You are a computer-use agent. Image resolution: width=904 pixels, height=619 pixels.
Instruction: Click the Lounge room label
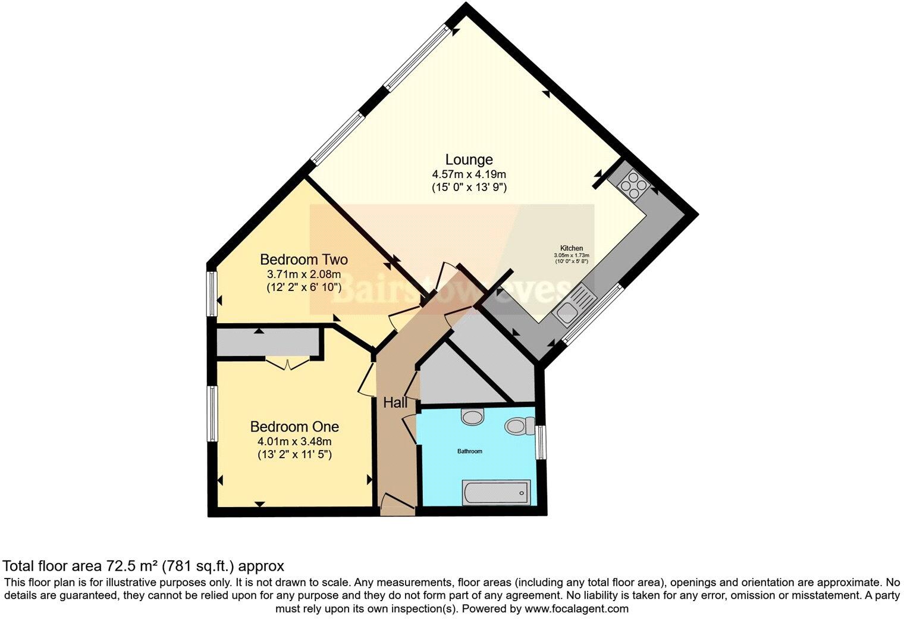pos(469,160)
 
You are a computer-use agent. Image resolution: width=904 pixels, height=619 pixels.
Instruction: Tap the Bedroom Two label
pos(303,260)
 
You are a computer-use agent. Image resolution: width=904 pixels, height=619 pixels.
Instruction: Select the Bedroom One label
pos(294,427)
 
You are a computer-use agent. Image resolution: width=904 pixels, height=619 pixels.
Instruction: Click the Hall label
pos(395,403)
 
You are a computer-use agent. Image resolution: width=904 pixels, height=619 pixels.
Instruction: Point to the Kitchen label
pos(571,248)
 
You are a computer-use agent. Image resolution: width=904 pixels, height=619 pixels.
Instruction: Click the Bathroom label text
pos(469,451)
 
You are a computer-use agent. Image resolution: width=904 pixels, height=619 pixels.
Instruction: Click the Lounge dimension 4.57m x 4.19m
pos(469,174)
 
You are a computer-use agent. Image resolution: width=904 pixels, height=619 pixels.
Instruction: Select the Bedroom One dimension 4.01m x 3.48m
pos(294,442)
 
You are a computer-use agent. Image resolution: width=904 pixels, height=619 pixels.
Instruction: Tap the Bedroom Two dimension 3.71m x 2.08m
pos(303,274)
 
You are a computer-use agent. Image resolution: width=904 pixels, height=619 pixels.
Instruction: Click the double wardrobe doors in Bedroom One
pos(287,362)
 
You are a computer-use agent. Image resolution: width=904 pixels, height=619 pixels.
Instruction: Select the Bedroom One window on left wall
pos(211,414)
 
